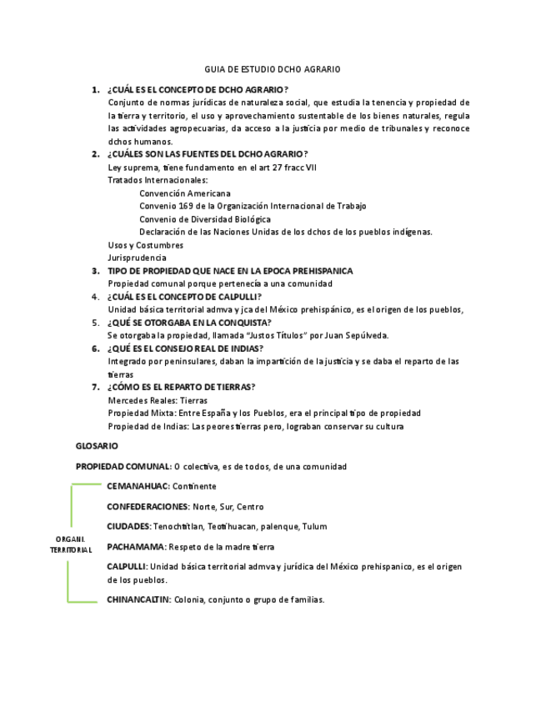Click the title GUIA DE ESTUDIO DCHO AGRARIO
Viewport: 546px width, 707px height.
[x=273, y=69]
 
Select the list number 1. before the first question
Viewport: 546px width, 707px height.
[x=96, y=89]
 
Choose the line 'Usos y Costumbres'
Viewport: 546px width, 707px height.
[x=145, y=245]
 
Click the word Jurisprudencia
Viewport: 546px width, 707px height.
[x=137, y=258]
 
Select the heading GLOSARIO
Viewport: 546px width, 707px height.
[x=96, y=446]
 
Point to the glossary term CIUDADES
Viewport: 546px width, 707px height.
[x=128, y=526]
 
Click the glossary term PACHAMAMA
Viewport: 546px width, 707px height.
[x=136, y=547]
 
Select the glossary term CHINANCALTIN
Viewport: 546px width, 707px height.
[x=138, y=599]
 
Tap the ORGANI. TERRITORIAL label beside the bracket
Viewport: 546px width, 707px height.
[x=71, y=544]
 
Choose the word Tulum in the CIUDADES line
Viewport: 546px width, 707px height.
[x=316, y=526]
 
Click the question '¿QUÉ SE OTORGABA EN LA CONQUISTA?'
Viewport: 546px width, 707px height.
[x=188, y=323]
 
